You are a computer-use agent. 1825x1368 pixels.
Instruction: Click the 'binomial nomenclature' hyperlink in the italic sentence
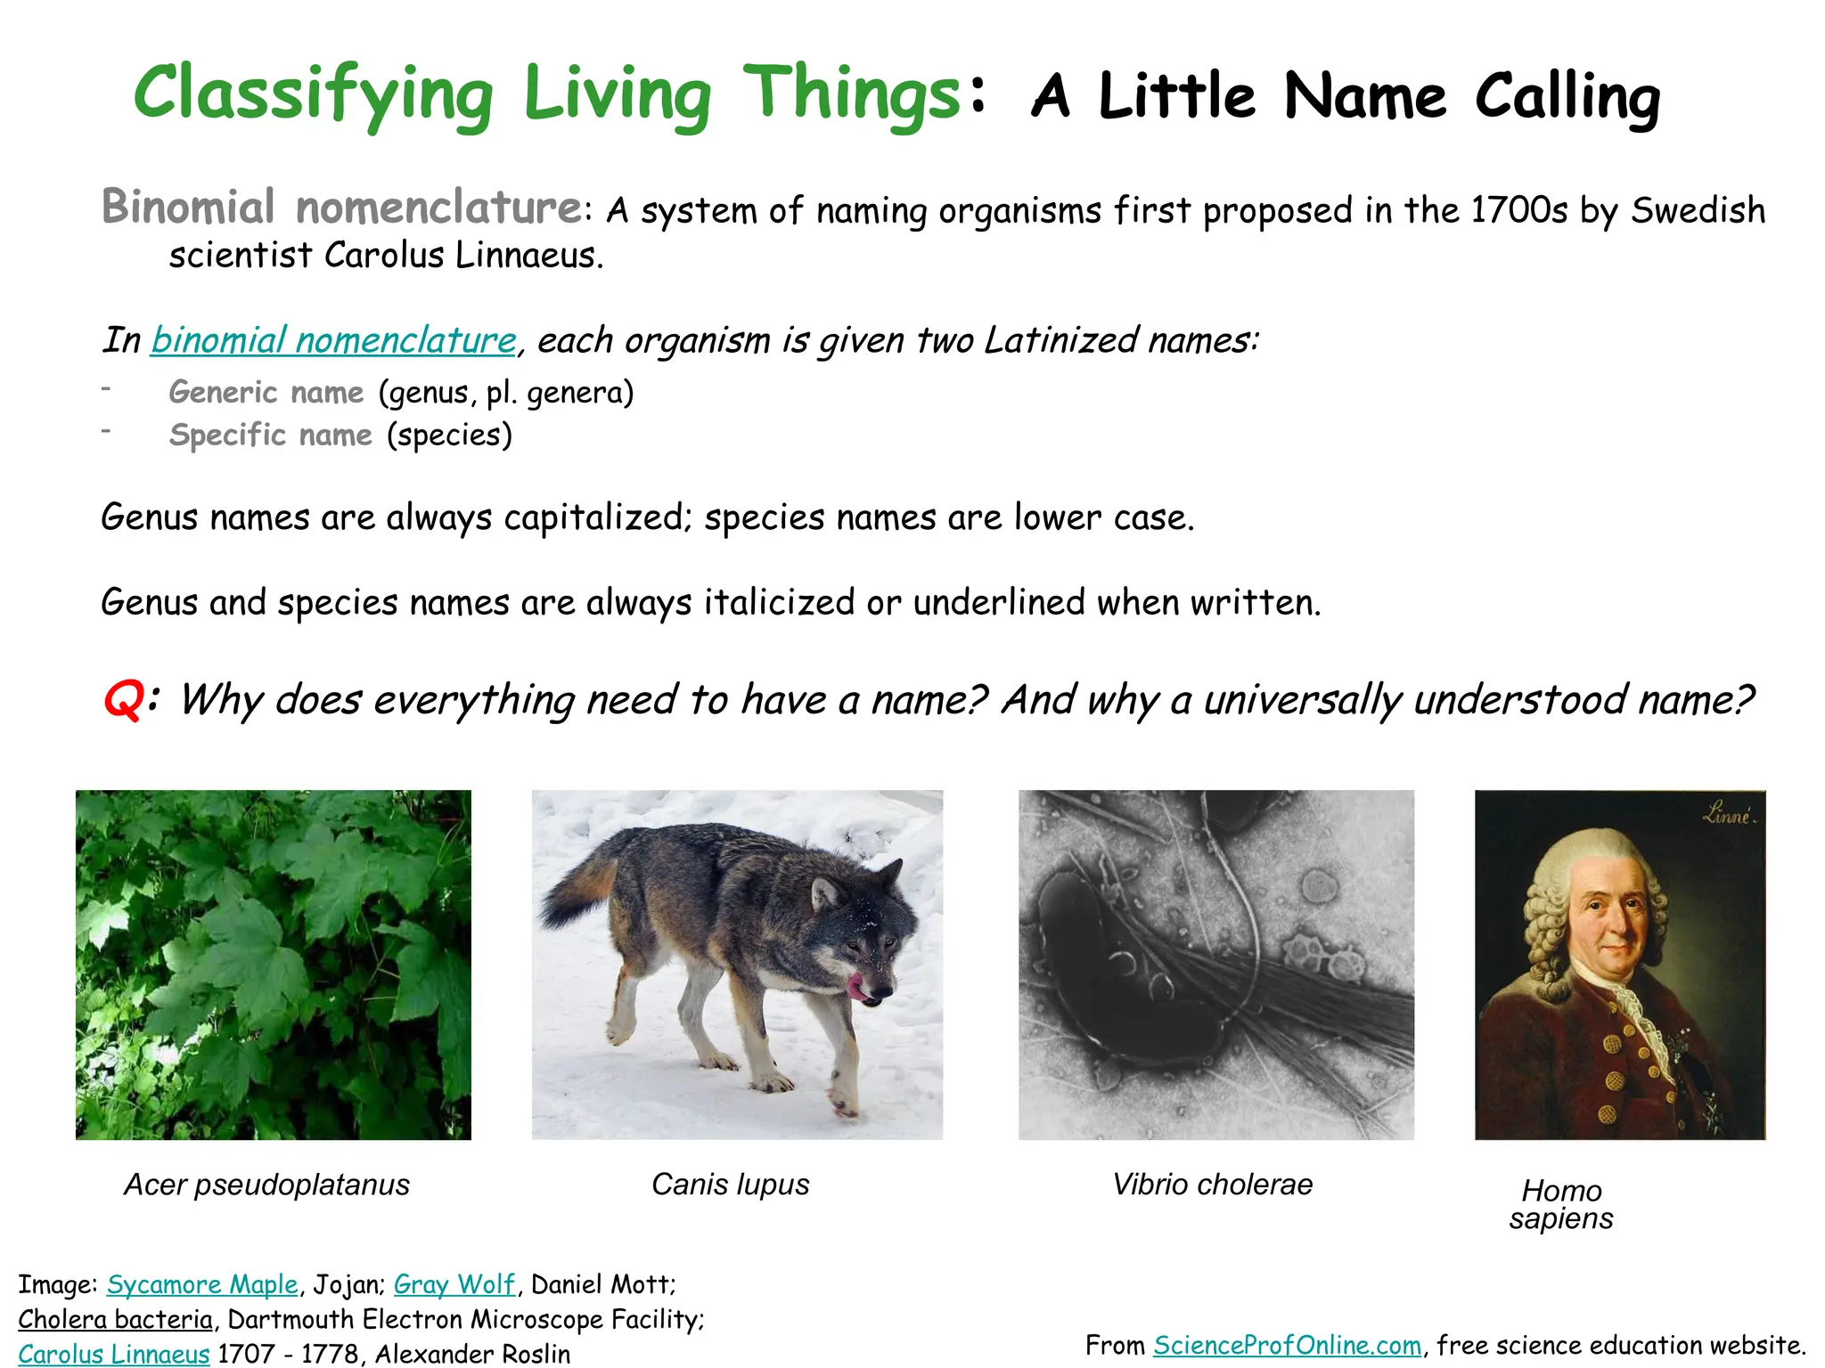[333, 340]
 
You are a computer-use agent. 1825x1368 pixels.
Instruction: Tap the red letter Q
[123, 699]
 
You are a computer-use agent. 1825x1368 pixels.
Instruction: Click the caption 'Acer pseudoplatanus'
[266, 1185]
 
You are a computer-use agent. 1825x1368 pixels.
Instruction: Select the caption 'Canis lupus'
[730, 1185]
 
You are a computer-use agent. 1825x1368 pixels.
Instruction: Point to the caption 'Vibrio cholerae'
[1212, 1185]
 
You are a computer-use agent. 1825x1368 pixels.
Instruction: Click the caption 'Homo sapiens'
[1561, 1204]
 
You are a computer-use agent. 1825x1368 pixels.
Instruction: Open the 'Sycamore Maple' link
[202, 1284]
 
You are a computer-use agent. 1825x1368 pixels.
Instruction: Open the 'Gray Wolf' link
[454, 1284]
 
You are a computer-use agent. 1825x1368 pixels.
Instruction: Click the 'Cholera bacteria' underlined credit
[116, 1319]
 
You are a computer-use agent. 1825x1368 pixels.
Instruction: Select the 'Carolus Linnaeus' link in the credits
[114, 1354]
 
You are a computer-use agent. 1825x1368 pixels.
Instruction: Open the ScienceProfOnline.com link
[1287, 1345]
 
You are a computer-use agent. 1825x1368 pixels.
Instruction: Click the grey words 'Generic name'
[266, 392]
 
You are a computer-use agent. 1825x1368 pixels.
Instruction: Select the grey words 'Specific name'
[271, 435]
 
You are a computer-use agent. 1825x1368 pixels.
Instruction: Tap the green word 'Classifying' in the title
[313, 94]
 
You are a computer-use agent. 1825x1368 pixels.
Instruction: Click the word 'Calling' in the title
[1567, 96]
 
